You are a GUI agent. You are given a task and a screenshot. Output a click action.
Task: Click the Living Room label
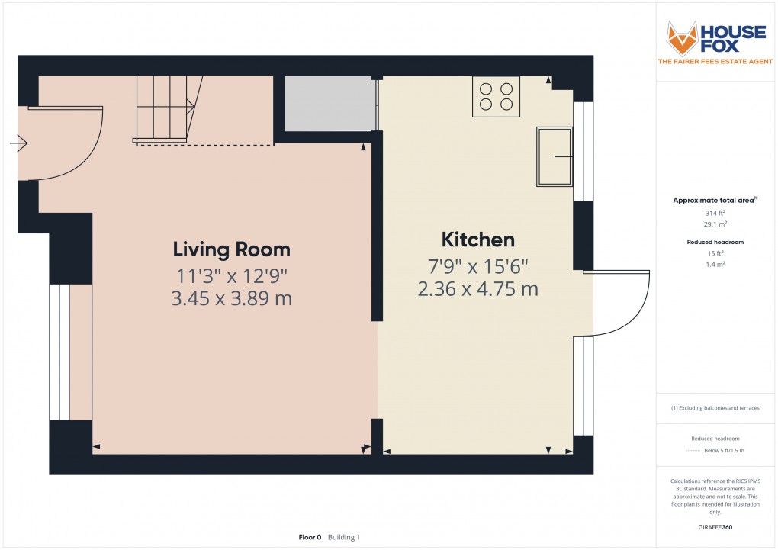coord(231,249)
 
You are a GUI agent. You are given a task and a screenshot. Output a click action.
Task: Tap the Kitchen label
coord(477,240)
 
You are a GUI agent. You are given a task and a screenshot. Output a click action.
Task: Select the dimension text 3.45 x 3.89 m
coord(231,298)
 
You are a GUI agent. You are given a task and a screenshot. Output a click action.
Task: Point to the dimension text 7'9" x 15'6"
coord(477,266)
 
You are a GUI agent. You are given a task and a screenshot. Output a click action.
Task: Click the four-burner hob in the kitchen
coord(496,97)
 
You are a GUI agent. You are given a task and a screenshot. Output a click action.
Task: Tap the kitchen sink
coord(555,156)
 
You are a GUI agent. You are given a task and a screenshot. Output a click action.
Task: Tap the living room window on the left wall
coord(54,352)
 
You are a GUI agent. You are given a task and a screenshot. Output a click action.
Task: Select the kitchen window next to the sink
coord(583,150)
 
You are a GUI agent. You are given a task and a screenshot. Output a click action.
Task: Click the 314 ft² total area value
coord(715,213)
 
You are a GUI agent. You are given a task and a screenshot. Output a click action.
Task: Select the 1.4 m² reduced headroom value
coord(715,263)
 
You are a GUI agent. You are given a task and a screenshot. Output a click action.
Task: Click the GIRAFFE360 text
coord(715,527)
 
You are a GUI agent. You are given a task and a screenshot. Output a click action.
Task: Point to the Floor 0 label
coord(310,538)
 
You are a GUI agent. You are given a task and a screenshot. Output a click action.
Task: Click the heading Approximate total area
coord(713,201)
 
